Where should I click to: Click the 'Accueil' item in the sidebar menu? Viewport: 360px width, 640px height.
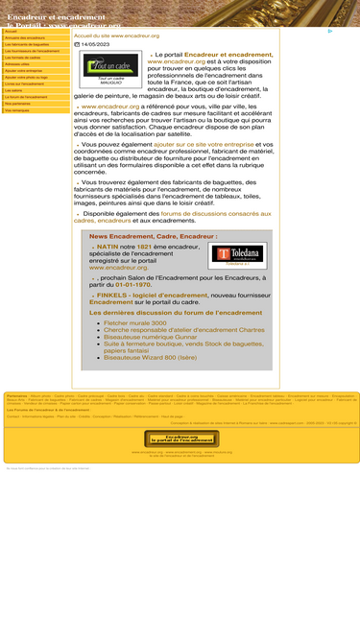12,31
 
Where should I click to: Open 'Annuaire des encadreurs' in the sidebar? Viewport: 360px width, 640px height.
25,37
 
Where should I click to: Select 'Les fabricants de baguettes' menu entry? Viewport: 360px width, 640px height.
27,44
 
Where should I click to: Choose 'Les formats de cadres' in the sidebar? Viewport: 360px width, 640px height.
23,58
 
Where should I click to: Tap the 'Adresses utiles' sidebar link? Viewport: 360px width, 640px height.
18,64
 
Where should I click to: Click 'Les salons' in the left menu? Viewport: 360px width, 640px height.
13,90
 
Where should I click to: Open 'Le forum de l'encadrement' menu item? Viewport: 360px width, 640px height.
26,97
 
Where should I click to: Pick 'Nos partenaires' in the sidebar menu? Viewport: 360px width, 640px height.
20,104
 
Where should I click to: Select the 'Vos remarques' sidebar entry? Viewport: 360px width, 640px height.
17,110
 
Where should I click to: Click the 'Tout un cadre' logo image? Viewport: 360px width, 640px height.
109,67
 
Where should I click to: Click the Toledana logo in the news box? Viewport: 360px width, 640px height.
237,255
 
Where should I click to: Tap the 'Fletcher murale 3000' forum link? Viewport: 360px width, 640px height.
134,323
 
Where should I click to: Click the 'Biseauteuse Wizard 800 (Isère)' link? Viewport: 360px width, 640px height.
150,358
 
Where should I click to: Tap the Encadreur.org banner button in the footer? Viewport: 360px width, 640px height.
180,439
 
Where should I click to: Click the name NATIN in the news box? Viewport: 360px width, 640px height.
108,247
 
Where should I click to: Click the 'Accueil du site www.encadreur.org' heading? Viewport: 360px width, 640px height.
116,36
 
